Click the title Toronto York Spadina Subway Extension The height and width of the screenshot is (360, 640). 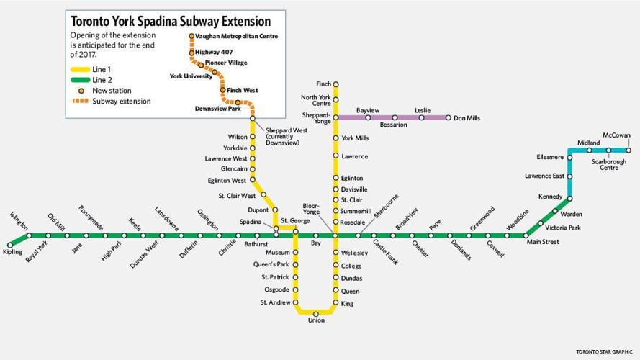pos(171,22)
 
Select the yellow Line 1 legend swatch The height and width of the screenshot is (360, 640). pos(79,68)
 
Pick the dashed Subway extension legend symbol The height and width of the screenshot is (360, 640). pos(79,102)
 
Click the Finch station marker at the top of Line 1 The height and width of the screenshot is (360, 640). pos(335,84)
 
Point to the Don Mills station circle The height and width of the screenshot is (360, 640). pos(448,117)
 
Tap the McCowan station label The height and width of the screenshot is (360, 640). pos(616,135)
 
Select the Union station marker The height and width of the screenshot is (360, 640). pos(315,313)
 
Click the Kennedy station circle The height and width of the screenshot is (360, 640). pos(569,198)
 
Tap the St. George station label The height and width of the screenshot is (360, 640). pos(294,220)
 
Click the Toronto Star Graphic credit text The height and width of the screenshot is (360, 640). pos(605,352)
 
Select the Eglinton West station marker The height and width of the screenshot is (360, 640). pos(253,180)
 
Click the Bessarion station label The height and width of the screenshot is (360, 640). pos(393,125)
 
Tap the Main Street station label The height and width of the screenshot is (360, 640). pos(543,242)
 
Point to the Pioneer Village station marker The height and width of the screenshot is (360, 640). pos(201,65)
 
